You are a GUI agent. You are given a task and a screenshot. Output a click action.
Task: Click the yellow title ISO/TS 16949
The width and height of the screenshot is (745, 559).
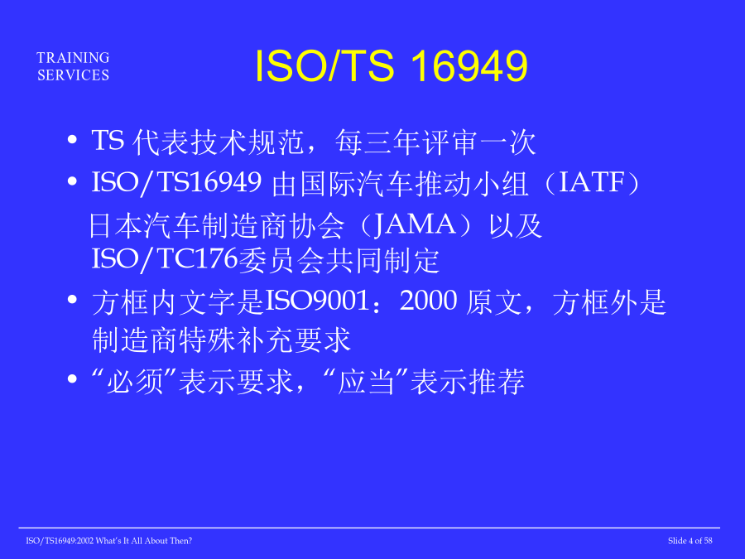(x=391, y=65)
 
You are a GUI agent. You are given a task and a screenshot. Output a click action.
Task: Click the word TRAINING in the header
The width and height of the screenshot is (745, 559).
(x=73, y=57)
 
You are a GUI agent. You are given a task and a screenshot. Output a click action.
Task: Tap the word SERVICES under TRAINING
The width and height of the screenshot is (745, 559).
(x=73, y=75)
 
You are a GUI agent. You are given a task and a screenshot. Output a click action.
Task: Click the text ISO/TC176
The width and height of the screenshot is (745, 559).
(x=165, y=259)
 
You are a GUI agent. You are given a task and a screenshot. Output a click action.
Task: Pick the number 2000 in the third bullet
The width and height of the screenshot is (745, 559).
(x=429, y=301)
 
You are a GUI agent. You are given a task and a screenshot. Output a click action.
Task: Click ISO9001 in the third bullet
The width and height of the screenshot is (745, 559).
(x=317, y=301)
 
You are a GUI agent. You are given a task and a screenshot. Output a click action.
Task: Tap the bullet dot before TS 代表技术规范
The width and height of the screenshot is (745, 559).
(x=72, y=140)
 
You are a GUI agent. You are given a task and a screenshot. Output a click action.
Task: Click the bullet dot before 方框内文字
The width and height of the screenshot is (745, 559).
(x=72, y=300)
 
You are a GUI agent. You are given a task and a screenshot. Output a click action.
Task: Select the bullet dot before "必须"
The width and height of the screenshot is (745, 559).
(x=72, y=378)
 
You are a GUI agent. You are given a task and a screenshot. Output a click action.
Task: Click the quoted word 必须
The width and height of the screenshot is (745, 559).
(x=135, y=381)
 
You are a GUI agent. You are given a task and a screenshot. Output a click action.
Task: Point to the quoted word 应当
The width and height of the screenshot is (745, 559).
(x=366, y=381)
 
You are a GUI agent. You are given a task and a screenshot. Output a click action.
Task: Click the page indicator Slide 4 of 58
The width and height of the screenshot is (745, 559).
(x=690, y=541)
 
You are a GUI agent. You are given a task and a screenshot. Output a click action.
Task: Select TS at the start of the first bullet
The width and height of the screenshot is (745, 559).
(x=108, y=140)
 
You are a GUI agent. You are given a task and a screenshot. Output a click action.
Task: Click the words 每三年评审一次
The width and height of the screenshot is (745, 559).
(x=435, y=142)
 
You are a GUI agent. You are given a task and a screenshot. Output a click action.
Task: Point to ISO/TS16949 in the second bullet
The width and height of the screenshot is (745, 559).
(x=176, y=183)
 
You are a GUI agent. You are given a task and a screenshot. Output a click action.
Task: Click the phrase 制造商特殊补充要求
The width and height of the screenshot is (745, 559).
(x=221, y=340)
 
